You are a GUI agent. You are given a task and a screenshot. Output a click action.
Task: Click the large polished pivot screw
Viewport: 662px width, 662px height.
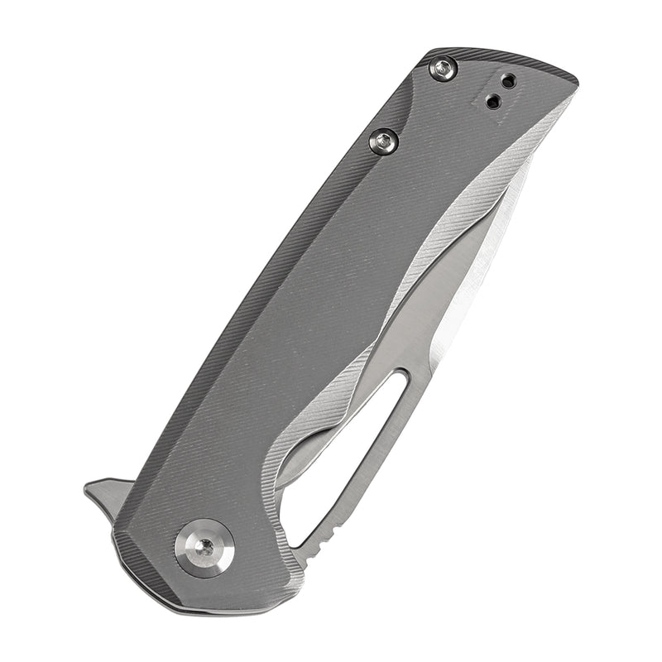204,547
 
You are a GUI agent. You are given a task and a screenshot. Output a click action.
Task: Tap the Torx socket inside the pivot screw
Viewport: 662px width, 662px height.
204,547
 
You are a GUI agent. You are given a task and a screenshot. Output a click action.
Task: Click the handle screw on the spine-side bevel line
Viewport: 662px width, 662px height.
381,142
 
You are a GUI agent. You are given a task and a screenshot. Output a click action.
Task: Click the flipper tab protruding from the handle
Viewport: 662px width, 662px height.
103,496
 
